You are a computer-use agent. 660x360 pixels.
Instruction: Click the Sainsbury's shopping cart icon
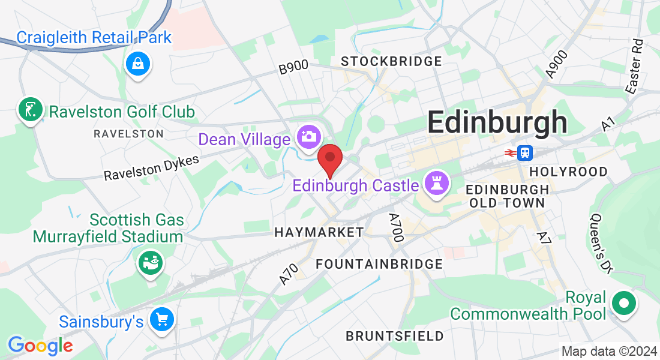coord(161,320)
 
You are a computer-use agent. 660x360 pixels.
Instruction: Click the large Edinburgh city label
coord(497,122)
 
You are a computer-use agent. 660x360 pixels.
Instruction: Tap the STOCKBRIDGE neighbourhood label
coord(391,61)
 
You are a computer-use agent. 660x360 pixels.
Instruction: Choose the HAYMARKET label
coord(319,232)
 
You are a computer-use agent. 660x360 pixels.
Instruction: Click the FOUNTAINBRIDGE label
coord(379,264)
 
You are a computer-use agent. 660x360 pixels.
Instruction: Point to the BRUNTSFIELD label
coord(395,335)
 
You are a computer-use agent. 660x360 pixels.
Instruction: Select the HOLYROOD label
coord(569,172)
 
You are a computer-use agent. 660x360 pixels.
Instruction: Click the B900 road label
coord(293,68)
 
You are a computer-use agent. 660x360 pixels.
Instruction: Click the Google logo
coord(40,345)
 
